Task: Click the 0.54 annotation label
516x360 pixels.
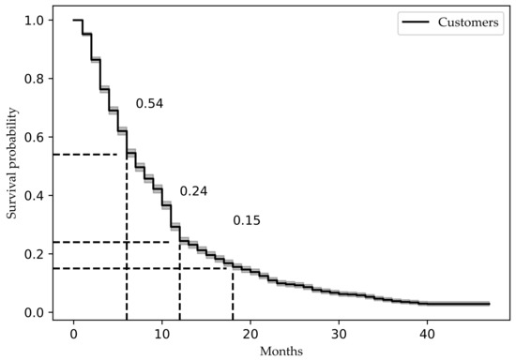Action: (x=150, y=104)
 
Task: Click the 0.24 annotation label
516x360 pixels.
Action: (x=193, y=191)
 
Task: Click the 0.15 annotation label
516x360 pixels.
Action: (x=247, y=221)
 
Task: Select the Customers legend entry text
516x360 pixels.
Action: (x=469, y=23)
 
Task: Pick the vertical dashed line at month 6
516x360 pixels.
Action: (x=127, y=244)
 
